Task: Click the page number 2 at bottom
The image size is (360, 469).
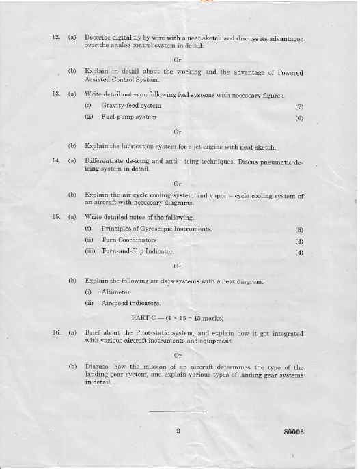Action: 177,431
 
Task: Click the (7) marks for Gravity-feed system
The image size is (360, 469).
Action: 299,106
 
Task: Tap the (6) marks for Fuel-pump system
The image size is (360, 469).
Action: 299,117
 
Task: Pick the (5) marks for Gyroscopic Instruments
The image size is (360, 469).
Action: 299,230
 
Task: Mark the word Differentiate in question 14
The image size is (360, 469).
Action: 106,161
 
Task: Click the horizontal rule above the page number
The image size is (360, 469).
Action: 178,412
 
